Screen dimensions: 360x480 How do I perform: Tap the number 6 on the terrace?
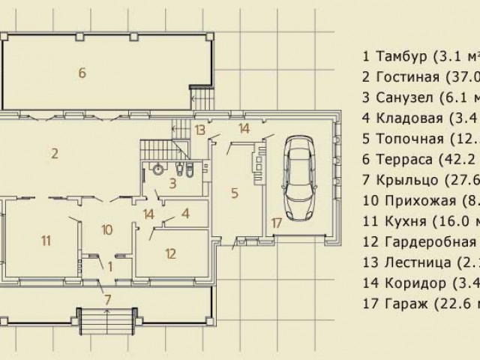click(82, 72)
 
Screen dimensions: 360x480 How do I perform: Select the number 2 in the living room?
click(55, 154)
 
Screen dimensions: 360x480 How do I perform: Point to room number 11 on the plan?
click(46, 240)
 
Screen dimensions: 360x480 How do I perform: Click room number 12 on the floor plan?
click(171, 253)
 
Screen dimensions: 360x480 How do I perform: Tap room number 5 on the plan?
click(235, 193)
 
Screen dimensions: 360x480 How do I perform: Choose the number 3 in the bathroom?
click(172, 182)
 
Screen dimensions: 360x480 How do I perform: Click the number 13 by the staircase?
click(199, 129)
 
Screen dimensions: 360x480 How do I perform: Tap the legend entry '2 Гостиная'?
click(419, 76)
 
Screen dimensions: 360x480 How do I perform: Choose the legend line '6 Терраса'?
click(419, 158)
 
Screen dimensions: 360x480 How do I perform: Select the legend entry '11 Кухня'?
click(419, 220)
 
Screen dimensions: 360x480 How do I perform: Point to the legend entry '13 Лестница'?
click(419, 262)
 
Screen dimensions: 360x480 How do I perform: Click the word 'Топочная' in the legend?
click(408, 138)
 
